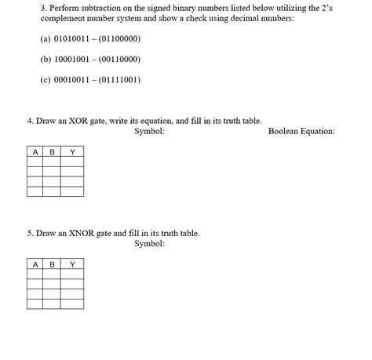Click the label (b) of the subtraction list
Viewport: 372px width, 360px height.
[x=46, y=59]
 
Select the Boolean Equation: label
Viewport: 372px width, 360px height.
[x=301, y=131]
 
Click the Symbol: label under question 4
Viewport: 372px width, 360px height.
[x=149, y=131]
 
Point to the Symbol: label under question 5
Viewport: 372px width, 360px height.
[x=149, y=244]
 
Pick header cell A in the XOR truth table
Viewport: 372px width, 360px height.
[x=35, y=151]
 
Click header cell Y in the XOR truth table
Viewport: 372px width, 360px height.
[x=72, y=151]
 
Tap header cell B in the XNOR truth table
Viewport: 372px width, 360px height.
[x=52, y=264]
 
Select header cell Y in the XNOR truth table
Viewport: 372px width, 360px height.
[x=72, y=264]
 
